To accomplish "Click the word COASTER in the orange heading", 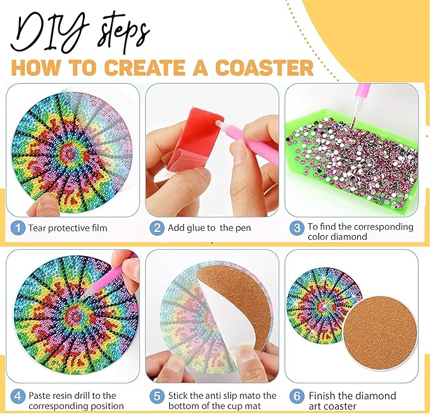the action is (x=264, y=68).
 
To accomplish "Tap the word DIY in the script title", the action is (x=49, y=33).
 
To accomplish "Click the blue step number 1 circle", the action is (x=18, y=228).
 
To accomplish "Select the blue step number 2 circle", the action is (x=157, y=228).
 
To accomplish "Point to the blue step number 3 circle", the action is (x=297, y=228).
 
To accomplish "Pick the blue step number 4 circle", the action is (x=18, y=396).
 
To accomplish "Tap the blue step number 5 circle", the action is (x=157, y=396).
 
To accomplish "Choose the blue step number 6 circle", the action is (x=297, y=396).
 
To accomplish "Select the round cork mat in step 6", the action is (x=380, y=332).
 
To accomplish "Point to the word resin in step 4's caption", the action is (x=62, y=396).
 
